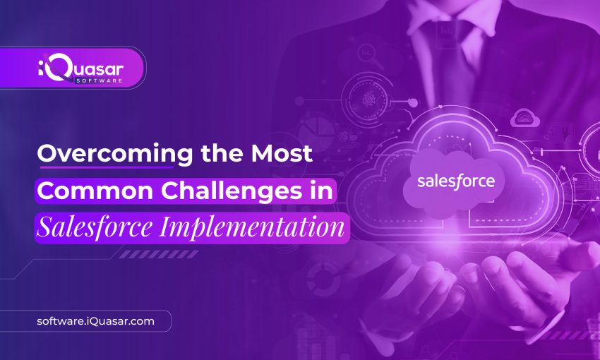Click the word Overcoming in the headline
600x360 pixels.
tap(106, 153)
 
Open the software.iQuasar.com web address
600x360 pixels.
tap(95, 321)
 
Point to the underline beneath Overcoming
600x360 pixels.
tap(106, 168)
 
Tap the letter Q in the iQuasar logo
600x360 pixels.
tap(59, 68)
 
